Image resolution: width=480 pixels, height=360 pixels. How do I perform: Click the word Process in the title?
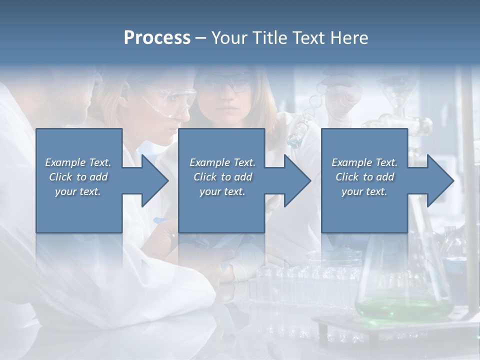pyautogui.click(x=157, y=38)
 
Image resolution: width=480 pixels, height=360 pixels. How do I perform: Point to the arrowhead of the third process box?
pyautogui.click(x=439, y=180)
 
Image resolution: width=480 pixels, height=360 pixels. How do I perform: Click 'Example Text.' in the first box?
pyautogui.click(x=78, y=162)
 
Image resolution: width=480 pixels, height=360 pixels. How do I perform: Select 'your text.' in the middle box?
pyautogui.click(x=222, y=191)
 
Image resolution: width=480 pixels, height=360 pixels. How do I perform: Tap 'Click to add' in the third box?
pyautogui.click(x=364, y=177)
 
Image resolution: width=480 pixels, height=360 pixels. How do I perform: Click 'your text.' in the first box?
pyautogui.click(x=78, y=191)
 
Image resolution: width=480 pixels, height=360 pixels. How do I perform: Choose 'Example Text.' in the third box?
pyautogui.click(x=364, y=162)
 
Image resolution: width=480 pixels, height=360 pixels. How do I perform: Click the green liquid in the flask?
pyautogui.click(x=400, y=306)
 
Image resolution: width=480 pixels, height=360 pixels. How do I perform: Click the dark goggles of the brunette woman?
pyautogui.click(x=230, y=83)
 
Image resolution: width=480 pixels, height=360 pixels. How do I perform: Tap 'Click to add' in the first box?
pyautogui.click(x=78, y=177)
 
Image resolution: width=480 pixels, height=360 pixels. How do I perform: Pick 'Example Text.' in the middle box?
pyautogui.click(x=222, y=162)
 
